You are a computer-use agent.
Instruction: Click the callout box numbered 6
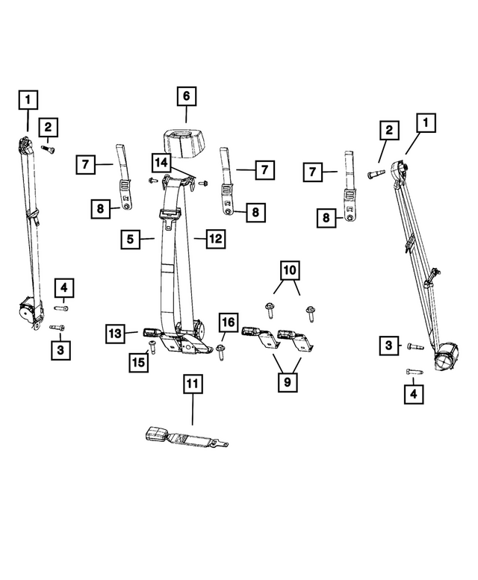point(186,97)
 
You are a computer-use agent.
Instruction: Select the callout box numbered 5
point(131,240)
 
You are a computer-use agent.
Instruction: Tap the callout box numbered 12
point(215,240)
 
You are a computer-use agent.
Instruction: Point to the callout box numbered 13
point(116,333)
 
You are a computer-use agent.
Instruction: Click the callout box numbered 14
point(161,163)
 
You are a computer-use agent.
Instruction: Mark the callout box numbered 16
point(228,322)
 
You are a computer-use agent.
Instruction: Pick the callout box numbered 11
point(193,385)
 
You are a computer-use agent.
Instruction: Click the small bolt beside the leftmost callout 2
point(49,149)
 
